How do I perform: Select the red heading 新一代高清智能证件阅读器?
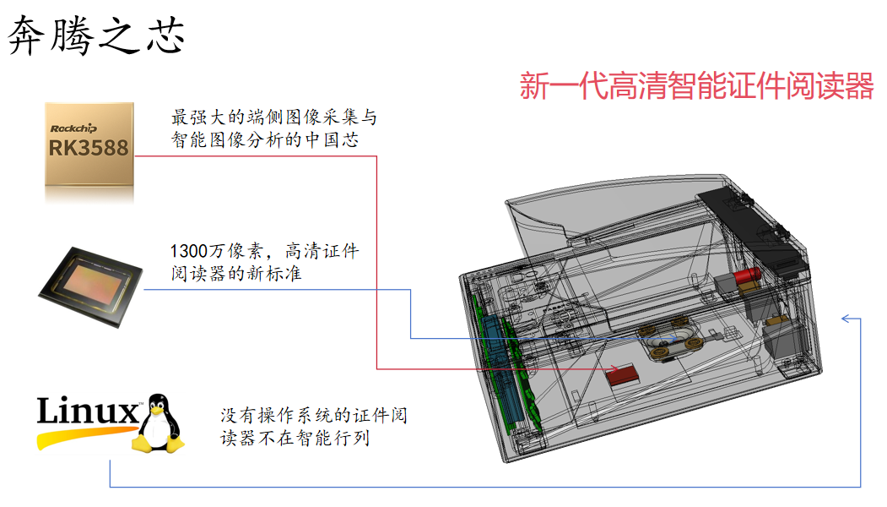click(695, 86)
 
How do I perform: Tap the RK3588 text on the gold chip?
click(89, 149)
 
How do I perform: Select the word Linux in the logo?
click(87, 412)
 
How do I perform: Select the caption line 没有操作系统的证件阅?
click(315, 416)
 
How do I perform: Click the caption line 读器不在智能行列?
click(295, 439)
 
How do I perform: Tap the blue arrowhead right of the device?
click(845, 319)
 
